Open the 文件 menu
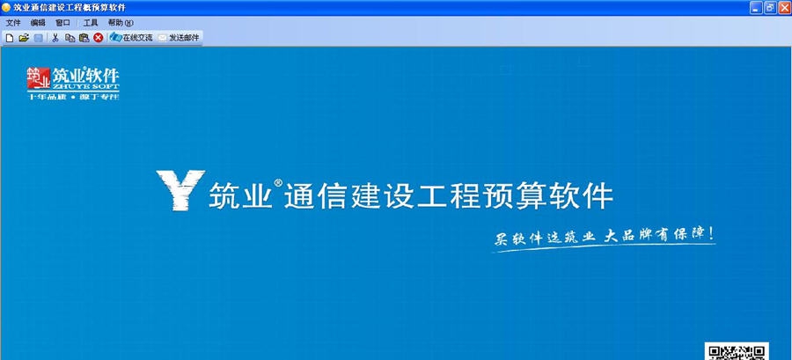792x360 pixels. tap(13, 23)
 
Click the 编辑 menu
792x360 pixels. tap(38, 23)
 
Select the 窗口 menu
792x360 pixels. tap(62, 23)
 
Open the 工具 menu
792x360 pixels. tap(91, 23)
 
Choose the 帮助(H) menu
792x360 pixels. tap(121, 23)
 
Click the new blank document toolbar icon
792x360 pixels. tap(10, 38)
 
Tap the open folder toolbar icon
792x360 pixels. tap(24, 38)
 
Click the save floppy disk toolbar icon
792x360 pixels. tap(38, 38)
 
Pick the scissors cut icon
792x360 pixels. tap(55, 38)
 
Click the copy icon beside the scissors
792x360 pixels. tap(70, 38)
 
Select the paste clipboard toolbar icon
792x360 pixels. tap(84, 38)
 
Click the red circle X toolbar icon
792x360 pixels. tap(98, 38)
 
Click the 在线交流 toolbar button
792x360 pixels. tap(131, 38)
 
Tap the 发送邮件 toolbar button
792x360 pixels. tap(180, 38)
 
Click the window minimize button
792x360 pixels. tap(755, 7)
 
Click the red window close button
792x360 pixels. tap(783, 7)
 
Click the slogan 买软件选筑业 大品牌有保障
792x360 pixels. tap(603, 238)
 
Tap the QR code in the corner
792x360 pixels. tap(737, 351)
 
